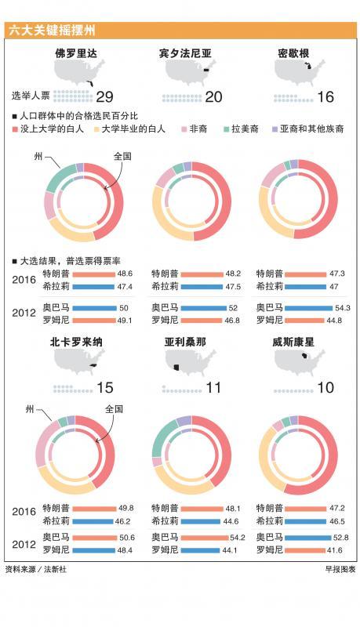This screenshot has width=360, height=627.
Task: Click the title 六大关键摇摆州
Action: [52, 31]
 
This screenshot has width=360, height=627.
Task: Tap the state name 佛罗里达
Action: [76, 53]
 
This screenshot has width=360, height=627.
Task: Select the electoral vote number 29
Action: [105, 96]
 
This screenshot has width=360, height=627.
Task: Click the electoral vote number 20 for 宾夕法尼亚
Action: [213, 96]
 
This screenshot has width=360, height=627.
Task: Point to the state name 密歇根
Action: [293, 53]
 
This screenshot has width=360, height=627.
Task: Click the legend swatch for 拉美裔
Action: [227, 129]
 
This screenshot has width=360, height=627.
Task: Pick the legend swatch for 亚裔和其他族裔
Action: [275, 129]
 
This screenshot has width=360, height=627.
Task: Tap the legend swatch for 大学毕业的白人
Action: [96, 129]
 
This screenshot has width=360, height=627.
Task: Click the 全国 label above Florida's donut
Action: [122, 156]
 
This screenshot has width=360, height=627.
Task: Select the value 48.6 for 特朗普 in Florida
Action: [125, 274]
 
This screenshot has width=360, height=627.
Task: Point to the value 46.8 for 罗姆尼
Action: [232, 321]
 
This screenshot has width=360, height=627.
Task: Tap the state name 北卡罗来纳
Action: [76, 342]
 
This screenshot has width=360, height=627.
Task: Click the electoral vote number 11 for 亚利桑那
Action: [213, 387]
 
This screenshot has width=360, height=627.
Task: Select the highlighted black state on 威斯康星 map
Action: [305, 356]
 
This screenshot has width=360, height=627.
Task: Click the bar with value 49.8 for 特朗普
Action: [94, 509]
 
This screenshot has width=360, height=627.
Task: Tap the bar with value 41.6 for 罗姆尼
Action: [305, 551]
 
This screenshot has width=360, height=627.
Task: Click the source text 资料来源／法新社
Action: [36, 569]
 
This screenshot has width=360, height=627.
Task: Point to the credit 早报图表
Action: [340, 569]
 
